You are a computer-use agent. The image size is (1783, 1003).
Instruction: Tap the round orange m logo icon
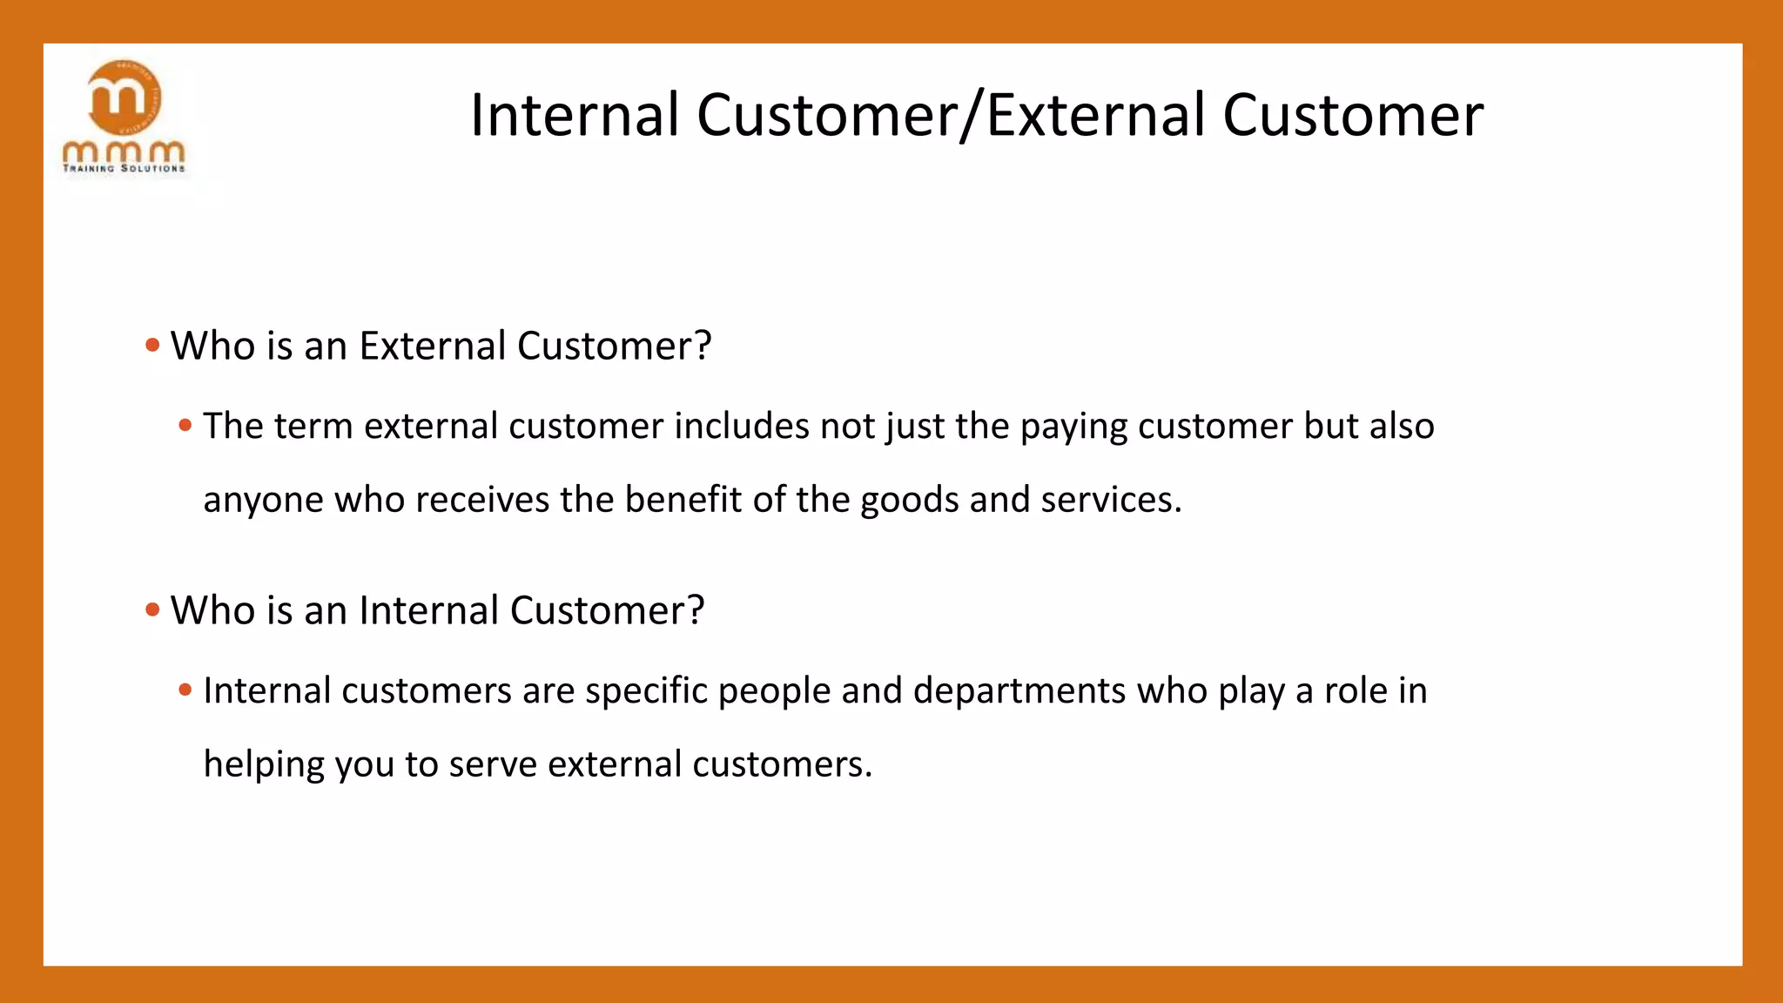point(124,97)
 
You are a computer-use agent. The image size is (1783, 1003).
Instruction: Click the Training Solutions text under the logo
point(124,169)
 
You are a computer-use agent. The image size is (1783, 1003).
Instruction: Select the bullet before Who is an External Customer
point(153,346)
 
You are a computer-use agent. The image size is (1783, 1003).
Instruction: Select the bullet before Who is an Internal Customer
point(153,610)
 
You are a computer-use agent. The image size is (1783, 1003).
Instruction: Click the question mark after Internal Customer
point(695,610)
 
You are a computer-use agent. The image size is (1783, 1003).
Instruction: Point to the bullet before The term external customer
point(185,427)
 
